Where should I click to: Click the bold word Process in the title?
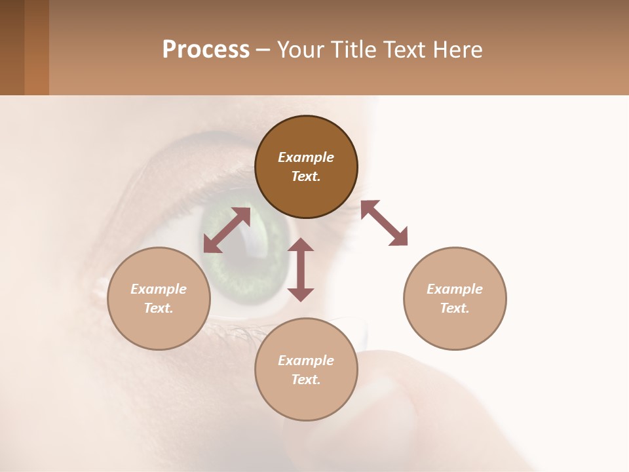coord(206,50)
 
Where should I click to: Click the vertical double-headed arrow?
coord(301,269)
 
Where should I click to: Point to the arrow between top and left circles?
coord(227,230)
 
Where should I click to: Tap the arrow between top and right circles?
coord(384,223)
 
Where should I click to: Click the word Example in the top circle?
coord(306,157)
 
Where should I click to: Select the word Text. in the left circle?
coord(159,308)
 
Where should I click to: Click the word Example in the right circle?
coord(455,289)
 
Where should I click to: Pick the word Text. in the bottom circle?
coord(306,380)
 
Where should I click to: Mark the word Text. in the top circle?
coord(306,176)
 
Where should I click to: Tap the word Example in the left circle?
coord(159,289)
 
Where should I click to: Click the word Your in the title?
coord(300,50)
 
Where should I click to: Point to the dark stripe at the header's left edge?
coord(12,47)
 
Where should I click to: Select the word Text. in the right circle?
coord(455,308)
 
